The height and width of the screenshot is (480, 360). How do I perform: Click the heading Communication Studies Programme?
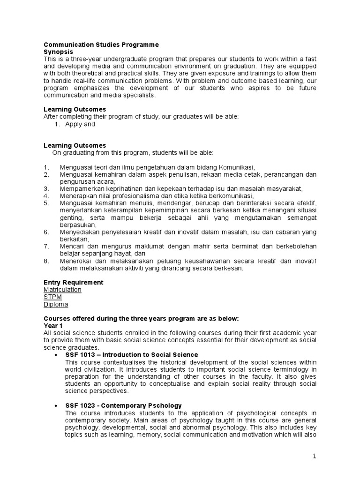pos(101,45)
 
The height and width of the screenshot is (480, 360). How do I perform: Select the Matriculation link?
pos(62,290)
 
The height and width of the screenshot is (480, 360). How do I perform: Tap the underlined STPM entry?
pos(52,297)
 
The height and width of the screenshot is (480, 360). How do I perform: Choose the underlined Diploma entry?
pos(56,304)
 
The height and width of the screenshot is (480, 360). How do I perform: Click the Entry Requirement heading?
pos(74,283)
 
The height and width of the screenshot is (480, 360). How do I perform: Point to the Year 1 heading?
pos(53,325)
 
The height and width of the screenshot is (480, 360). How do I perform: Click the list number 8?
pos(46,261)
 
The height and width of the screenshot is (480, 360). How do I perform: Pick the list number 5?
pos(46,203)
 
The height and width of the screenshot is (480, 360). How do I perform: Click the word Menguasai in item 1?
pos(75,167)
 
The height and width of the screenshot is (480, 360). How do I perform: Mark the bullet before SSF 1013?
pos(56,355)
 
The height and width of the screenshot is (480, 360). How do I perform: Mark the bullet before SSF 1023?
pos(56,405)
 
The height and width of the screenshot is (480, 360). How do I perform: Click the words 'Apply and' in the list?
pos(80,124)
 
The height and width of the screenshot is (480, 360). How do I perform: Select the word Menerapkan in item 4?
pos(76,196)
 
